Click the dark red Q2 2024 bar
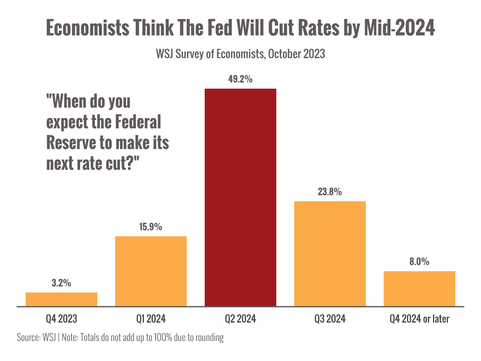click(240, 197)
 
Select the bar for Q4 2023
click(61, 299)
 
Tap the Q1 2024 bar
click(151, 271)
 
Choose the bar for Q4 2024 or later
click(420, 288)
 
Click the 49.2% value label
click(240, 80)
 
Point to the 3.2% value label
click(61, 283)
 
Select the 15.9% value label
click(151, 227)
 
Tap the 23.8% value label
click(330, 192)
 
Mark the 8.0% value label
click(420, 262)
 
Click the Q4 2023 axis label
click(61, 319)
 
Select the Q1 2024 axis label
click(151, 319)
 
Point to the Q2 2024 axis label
click(240, 319)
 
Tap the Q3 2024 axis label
click(330, 319)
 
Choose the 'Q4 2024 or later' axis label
click(420, 319)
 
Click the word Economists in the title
click(88, 28)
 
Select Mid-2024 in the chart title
click(399, 28)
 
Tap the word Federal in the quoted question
click(138, 122)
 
